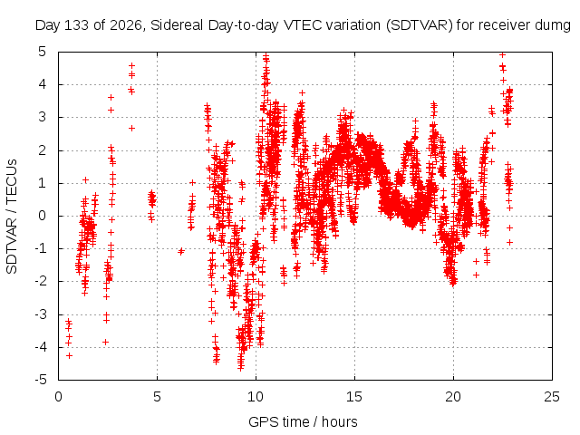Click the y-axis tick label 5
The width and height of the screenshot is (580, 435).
[x=43, y=52]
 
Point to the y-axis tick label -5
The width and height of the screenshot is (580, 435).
[x=40, y=380]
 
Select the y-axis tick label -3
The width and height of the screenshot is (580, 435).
[x=40, y=314]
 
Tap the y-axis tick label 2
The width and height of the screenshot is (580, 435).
[x=43, y=150]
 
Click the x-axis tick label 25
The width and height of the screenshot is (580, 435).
[x=552, y=397]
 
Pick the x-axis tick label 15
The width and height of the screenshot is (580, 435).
[x=354, y=397]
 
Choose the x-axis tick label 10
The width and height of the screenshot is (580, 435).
[x=256, y=397]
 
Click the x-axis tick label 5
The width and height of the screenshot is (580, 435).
[x=157, y=397]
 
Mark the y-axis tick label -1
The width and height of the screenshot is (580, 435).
[x=40, y=248]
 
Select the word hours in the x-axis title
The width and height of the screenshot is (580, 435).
[x=340, y=421]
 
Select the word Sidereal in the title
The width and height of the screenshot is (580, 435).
[x=177, y=25]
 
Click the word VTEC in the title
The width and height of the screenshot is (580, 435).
[x=300, y=25]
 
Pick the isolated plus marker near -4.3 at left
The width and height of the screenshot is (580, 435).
[x=69, y=356]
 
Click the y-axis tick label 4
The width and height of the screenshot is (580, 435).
[x=43, y=84]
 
